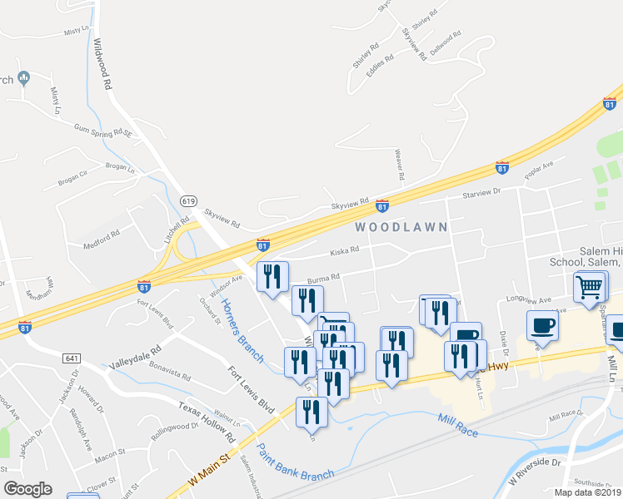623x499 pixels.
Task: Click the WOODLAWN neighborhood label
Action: (x=401, y=226)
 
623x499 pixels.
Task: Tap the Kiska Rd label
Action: (x=344, y=249)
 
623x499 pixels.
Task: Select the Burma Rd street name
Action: (x=324, y=278)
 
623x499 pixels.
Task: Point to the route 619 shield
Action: (x=189, y=200)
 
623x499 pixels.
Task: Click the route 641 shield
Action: (x=70, y=357)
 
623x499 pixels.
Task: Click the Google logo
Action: (x=27, y=488)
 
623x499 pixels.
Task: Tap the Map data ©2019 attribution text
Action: (x=588, y=492)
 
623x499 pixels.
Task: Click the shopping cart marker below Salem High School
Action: (x=589, y=287)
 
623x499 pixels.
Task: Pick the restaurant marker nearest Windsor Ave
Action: (x=272, y=277)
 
